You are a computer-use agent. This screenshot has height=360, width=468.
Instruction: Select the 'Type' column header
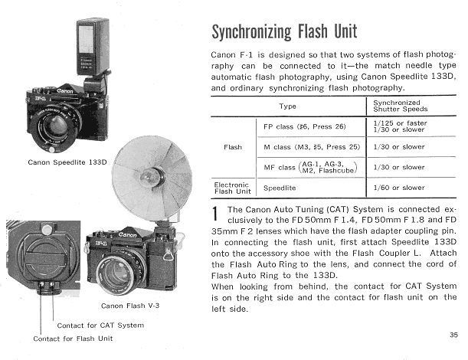(288, 106)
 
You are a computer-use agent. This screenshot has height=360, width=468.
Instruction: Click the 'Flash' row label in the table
(233, 146)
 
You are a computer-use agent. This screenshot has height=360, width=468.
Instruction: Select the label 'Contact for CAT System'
(100, 325)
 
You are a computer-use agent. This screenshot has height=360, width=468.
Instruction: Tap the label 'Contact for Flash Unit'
(72, 338)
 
